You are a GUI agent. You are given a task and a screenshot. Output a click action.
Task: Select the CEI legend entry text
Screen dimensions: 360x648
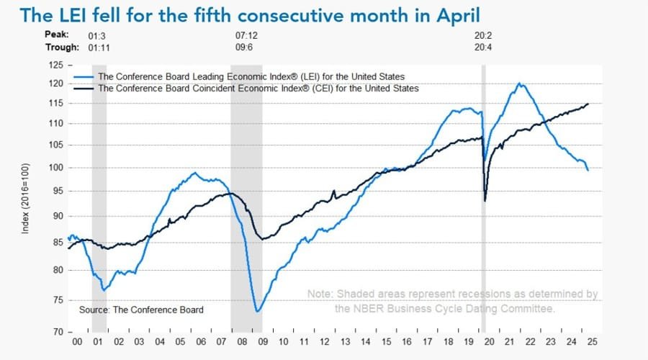pos(258,89)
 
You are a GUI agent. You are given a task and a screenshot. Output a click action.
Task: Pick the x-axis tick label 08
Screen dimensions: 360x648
pos(243,343)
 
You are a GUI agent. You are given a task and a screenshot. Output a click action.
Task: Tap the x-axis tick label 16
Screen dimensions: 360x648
pos(408,343)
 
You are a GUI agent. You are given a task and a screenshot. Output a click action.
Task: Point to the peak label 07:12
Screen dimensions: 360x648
pos(246,35)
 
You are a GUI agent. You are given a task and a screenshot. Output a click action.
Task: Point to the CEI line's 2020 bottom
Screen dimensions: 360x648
pos(485,200)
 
